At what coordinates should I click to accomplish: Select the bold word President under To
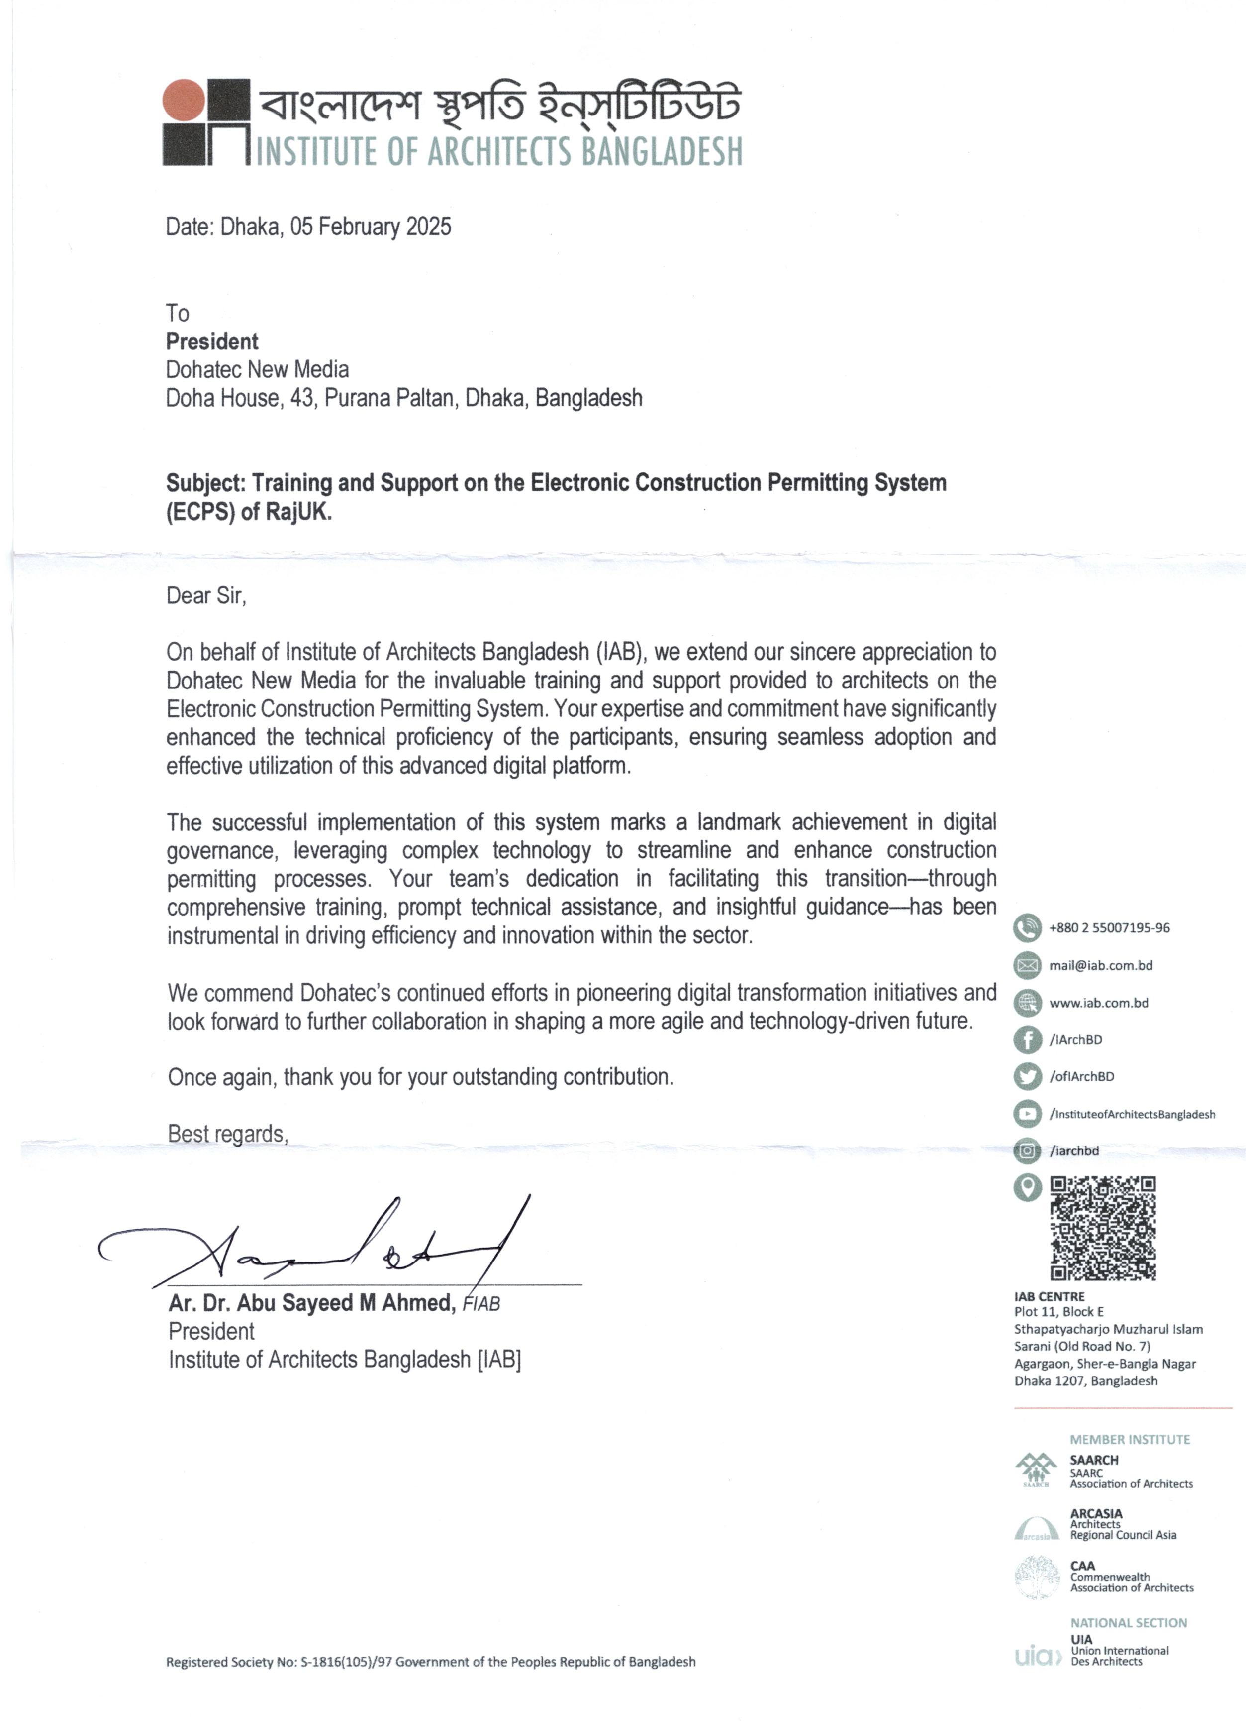click(x=212, y=342)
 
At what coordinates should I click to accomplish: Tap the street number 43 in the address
click(x=302, y=398)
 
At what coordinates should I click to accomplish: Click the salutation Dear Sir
click(x=206, y=596)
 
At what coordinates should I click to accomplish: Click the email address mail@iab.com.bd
click(x=1100, y=965)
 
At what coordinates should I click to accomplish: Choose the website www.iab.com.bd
click(x=1098, y=1003)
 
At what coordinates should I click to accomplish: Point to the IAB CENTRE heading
click(x=1050, y=1297)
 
